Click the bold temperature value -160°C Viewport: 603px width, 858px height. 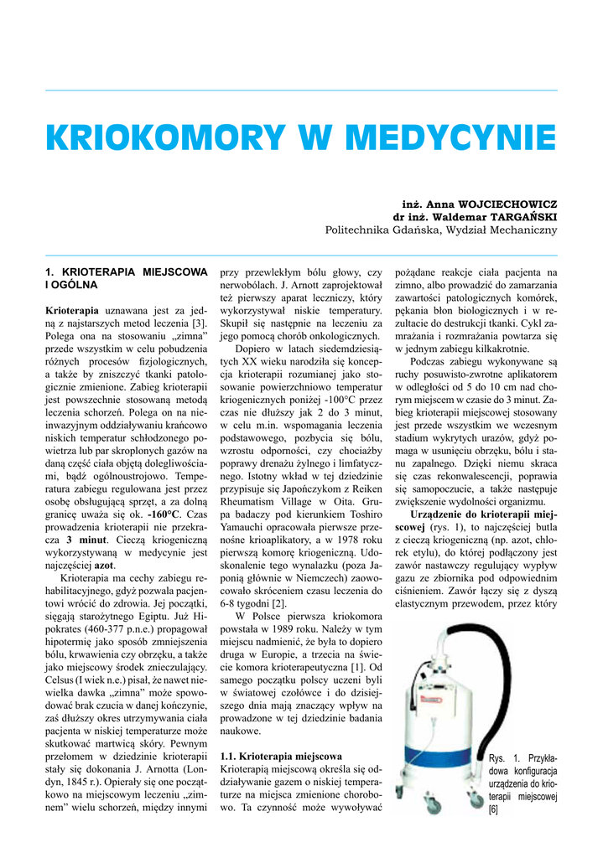(164, 513)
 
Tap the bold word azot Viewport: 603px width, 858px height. (104, 566)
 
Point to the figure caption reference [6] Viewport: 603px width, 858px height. (493, 809)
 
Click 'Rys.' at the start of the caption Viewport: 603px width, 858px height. (497, 758)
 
